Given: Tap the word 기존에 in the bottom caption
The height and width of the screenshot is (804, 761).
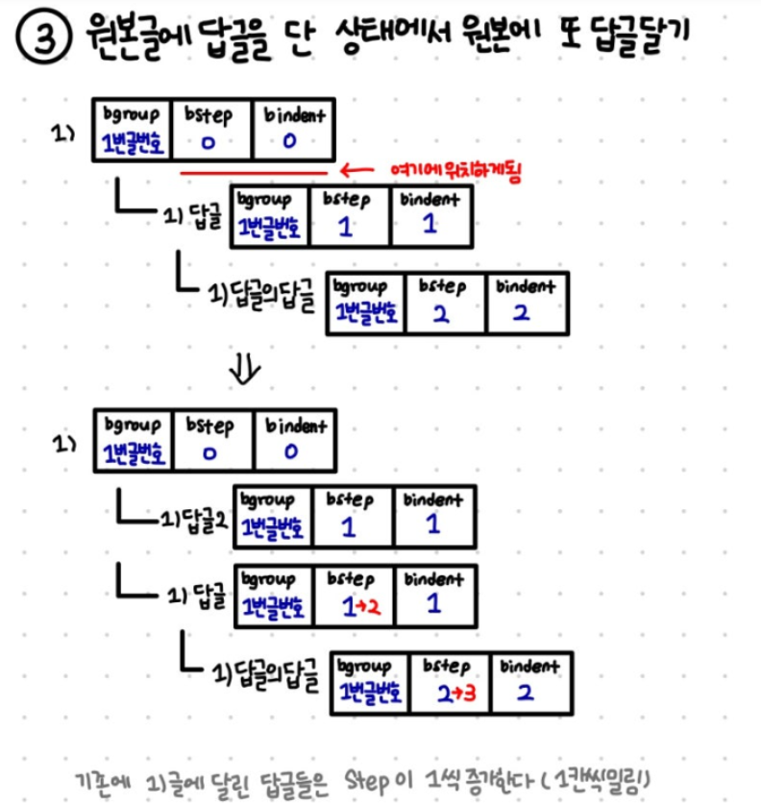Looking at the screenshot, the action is pyautogui.click(x=111, y=777).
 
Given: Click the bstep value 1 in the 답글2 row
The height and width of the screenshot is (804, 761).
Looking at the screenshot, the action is pyautogui.click(x=350, y=525).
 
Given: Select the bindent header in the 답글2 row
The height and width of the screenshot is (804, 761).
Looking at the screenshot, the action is pyautogui.click(x=432, y=499).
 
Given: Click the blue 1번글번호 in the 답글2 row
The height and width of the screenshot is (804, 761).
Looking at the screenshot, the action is pyautogui.click(x=272, y=525).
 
